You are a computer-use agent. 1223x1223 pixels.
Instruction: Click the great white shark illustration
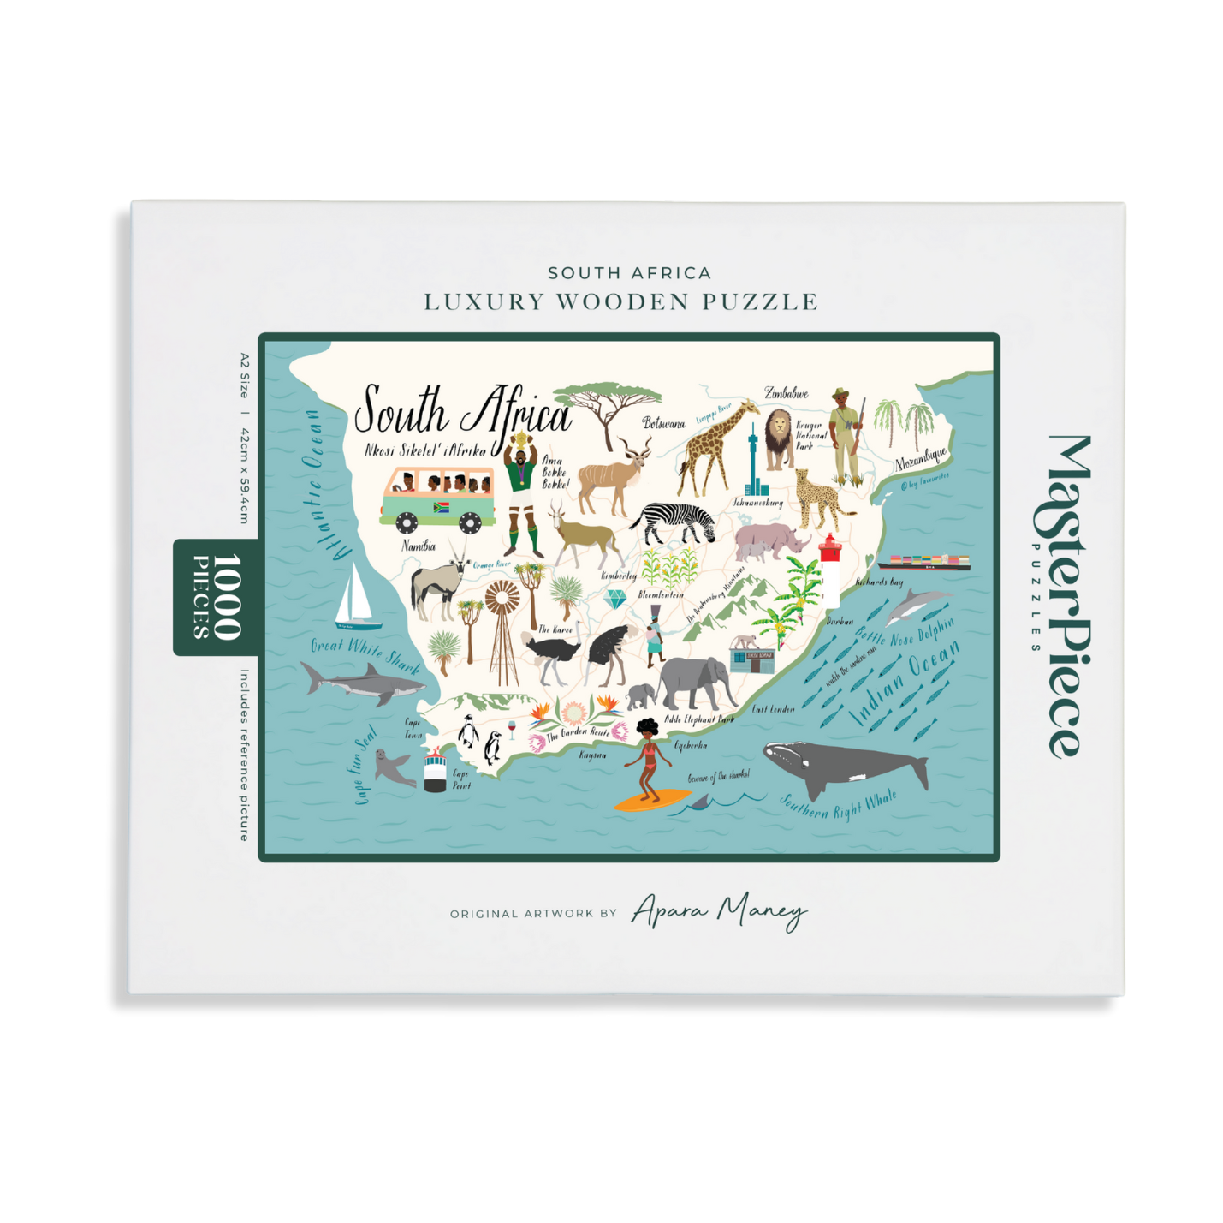(359, 684)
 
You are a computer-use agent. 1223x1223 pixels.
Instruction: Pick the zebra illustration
(675, 522)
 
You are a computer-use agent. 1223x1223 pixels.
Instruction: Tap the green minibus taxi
(437, 498)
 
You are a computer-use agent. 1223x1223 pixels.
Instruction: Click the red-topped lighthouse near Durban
(830, 570)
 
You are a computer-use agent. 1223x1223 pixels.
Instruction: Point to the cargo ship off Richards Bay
(924, 562)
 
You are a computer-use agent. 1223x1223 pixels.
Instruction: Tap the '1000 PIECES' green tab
(215, 597)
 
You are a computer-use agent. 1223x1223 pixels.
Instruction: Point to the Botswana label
(663, 423)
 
